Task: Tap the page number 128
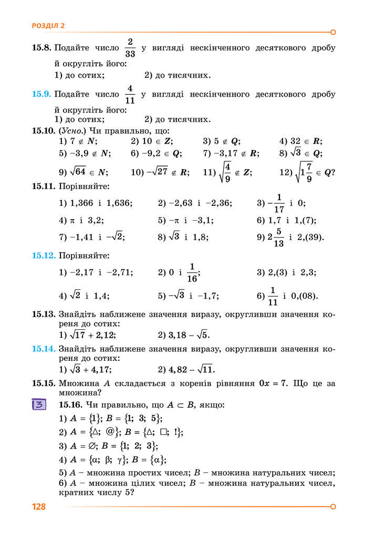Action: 39,507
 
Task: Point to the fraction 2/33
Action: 131,47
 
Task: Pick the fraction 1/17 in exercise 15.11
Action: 279,203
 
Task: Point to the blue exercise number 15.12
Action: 44,256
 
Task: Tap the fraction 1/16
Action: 192,272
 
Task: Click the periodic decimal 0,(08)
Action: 307,296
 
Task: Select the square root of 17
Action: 77,335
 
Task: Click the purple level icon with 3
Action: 39,405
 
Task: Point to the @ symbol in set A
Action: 110,432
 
